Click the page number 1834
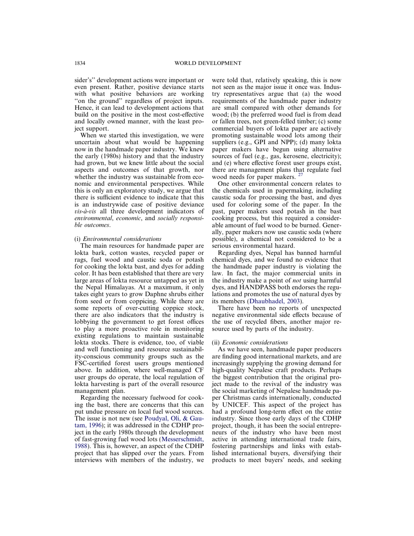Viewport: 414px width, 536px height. point(80,63)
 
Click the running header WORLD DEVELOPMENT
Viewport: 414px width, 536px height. point(207,63)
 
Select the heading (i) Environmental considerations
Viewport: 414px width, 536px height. point(118,239)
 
